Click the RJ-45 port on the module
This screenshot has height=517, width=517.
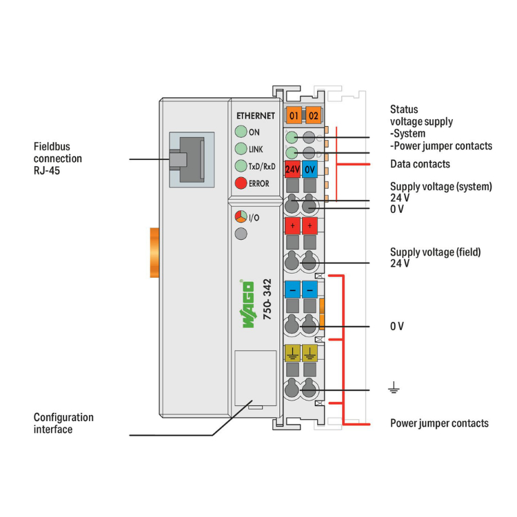[x=187, y=159]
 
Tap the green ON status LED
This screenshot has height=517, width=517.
[x=240, y=132]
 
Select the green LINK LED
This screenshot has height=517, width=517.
[x=240, y=149]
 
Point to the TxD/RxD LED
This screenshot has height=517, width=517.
[x=240, y=166]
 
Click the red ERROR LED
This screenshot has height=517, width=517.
[x=240, y=183]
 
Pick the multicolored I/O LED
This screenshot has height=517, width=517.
[x=240, y=217]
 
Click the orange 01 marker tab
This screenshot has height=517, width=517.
[x=294, y=116]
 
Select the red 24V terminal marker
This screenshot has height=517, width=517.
[x=292, y=170]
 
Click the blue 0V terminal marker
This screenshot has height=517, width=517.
[x=310, y=170]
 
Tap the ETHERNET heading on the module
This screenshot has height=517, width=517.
[x=255, y=116]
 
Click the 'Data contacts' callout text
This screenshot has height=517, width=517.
[x=420, y=164]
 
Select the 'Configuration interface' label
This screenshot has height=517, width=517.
[x=63, y=423]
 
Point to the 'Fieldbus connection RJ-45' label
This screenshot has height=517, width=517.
[x=58, y=159]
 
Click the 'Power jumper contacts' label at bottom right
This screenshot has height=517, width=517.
[x=439, y=423]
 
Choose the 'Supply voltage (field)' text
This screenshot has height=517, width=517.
[x=435, y=252]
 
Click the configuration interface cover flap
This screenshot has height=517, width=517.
[x=255, y=378]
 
